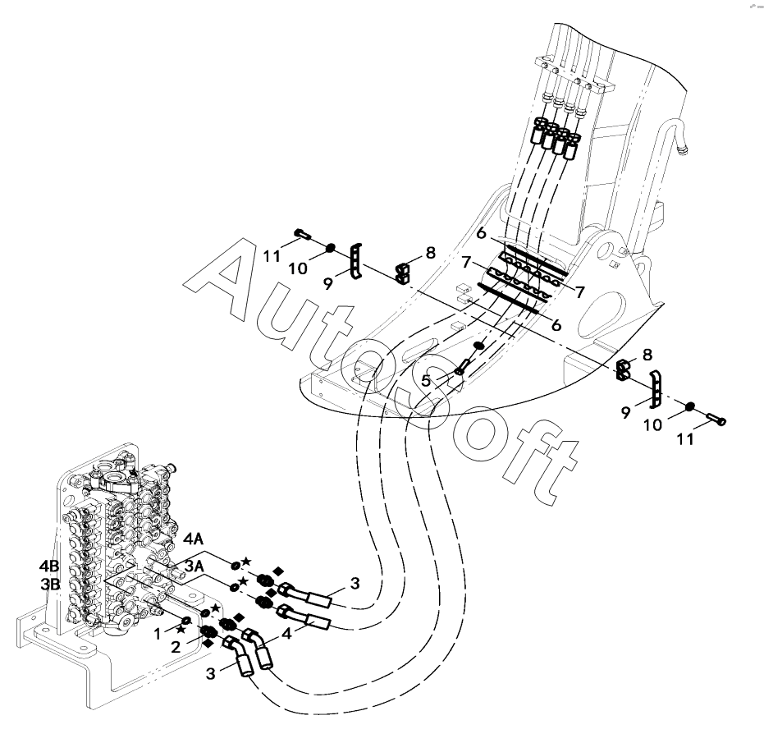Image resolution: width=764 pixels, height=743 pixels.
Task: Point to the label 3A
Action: tap(195, 566)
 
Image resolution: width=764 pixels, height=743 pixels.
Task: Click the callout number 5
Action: tap(426, 380)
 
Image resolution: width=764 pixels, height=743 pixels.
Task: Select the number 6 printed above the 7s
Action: tap(482, 233)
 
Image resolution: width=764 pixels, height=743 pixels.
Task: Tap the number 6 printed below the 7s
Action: tap(556, 325)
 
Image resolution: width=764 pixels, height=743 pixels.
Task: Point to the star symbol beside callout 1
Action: tap(181, 629)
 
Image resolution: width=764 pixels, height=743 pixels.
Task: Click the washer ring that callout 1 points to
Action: tap(187, 621)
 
